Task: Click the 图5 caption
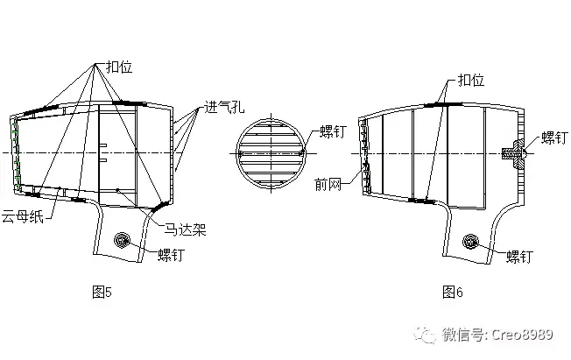(x=102, y=292)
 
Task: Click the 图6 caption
(x=452, y=292)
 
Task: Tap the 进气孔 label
(x=224, y=107)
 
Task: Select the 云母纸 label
(x=23, y=216)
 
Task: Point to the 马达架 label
(x=186, y=229)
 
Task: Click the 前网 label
(x=328, y=184)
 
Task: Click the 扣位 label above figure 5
(x=119, y=67)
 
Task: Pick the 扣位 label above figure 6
(x=471, y=80)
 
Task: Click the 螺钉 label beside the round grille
(x=333, y=131)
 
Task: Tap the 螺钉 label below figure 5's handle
(x=171, y=255)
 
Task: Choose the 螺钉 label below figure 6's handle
(x=519, y=256)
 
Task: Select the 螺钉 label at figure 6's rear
(x=554, y=138)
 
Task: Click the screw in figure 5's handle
(x=122, y=241)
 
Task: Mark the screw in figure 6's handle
(x=470, y=242)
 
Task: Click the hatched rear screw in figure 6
(x=513, y=153)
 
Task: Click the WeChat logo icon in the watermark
(x=425, y=335)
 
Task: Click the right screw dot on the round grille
(x=301, y=153)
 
